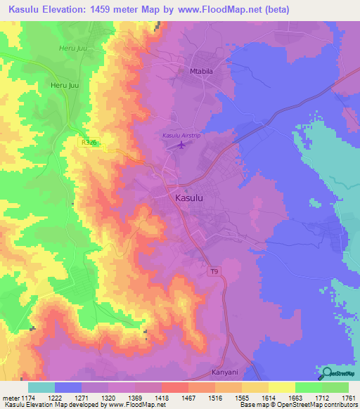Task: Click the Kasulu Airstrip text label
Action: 181,135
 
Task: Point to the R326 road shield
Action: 88,142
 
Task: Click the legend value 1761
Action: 348,398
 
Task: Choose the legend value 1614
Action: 268,398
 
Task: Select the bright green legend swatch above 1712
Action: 308,387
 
